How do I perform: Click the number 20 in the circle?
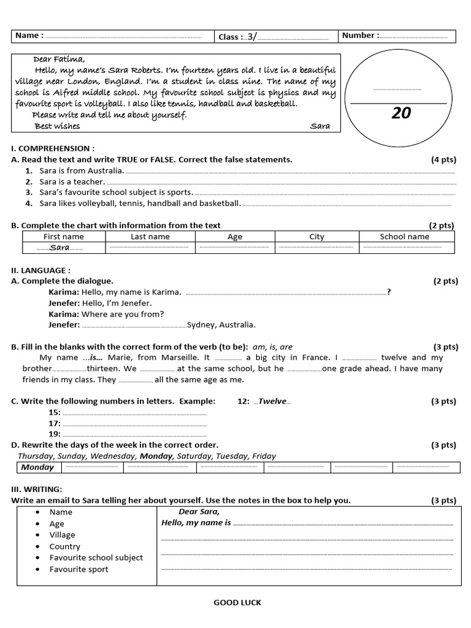click(x=401, y=113)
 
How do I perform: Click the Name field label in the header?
click(x=29, y=36)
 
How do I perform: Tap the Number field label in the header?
click(x=360, y=36)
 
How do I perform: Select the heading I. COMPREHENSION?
click(x=53, y=148)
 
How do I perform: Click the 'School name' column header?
click(x=404, y=237)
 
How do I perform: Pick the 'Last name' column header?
click(x=150, y=237)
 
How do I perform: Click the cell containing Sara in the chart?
click(x=59, y=248)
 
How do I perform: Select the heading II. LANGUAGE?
click(x=41, y=270)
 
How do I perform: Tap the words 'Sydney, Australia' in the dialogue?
click(x=221, y=325)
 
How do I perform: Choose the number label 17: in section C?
click(x=55, y=423)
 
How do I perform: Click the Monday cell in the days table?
click(x=38, y=467)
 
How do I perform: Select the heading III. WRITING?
click(x=37, y=489)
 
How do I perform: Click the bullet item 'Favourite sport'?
click(x=78, y=569)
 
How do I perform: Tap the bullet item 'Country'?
click(x=65, y=546)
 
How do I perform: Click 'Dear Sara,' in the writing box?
click(x=199, y=511)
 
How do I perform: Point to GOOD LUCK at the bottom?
click(x=237, y=603)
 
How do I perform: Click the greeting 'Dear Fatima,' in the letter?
click(x=59, y=59)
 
